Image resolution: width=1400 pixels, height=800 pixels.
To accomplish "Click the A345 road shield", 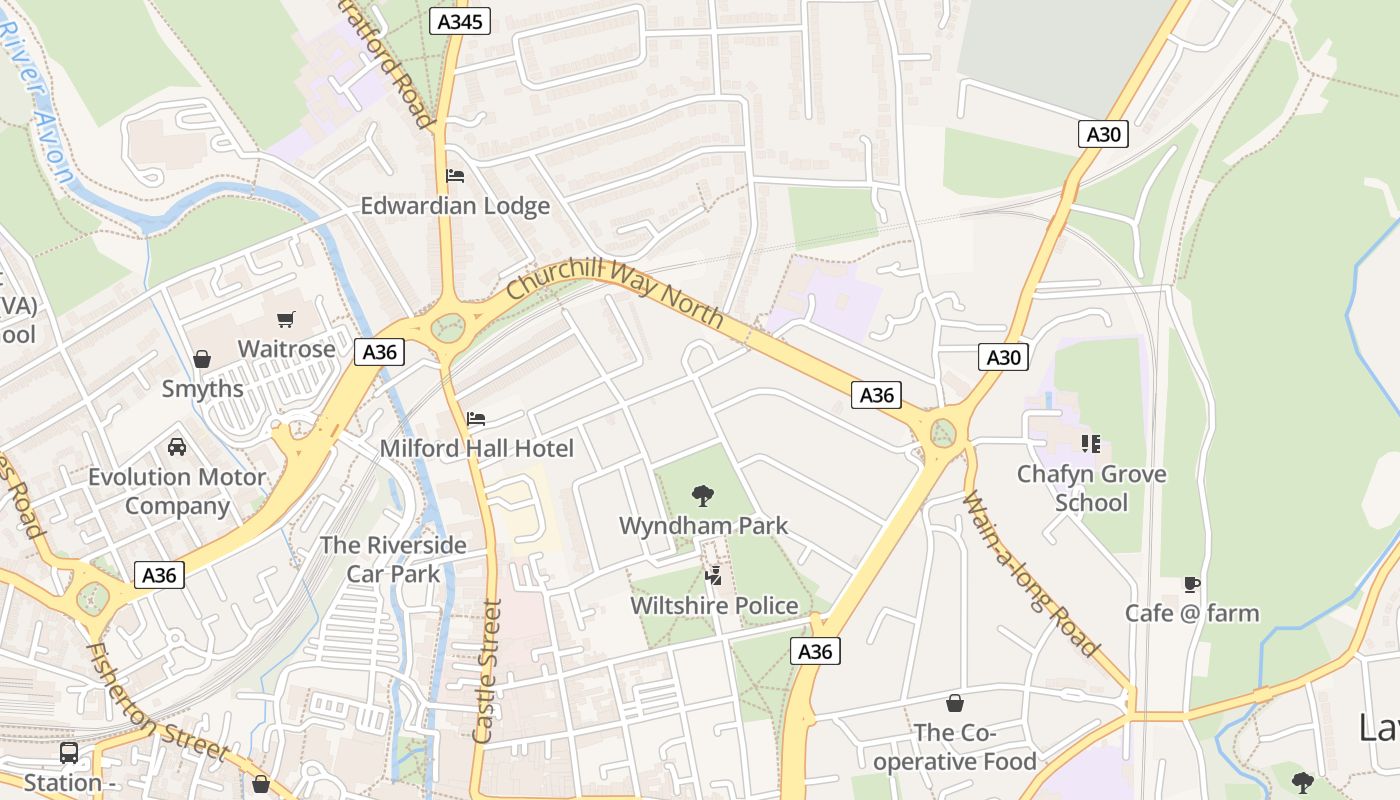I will pyautogui.click(x=460, y=21).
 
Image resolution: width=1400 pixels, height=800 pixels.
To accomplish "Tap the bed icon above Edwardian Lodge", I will pyautogui.click(x=455, y=176).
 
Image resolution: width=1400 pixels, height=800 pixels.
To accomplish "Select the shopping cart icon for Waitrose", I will pyautogui.click(x=286, y=319).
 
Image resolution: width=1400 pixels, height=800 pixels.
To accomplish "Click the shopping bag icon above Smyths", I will pyautogui.click(x=202, y=358).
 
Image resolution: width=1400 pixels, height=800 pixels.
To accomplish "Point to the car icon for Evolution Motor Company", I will pyautogui.click(x=177, y=446).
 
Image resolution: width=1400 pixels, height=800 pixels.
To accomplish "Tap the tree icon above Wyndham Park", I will pyautogui.click(x=703, y=494).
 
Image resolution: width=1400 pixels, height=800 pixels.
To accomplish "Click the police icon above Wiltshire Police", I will pyautogui.click(x=714, y=575).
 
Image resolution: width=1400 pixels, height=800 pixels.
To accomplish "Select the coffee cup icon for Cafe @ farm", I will pyautogui.click(x=1191, y=583).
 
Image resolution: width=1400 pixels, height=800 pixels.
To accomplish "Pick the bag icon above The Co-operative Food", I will pyautogui.click(x=955, y=703).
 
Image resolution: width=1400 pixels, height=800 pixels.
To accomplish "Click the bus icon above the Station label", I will pyautogui.click(x=69, y=752).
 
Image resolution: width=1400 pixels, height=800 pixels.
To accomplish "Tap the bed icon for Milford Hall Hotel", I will pyautogui.click(x=476, y=418).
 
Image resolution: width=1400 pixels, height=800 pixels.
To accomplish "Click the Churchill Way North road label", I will pyautogui.click(x=615, y=291).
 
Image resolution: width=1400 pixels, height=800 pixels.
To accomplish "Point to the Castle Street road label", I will pyautogui.click(x=486, y=670).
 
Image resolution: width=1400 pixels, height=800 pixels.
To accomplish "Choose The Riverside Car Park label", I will pyautogui.click(x=393, y=559).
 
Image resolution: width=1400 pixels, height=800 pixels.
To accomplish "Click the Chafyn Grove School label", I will pyautogui.click(x=1091, y=487).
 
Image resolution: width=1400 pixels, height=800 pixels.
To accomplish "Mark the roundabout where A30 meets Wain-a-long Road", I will pyautogui.click(x=942, y=433).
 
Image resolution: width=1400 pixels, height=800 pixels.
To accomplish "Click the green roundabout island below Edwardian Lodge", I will pyautogui.click(x=449, y=327).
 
